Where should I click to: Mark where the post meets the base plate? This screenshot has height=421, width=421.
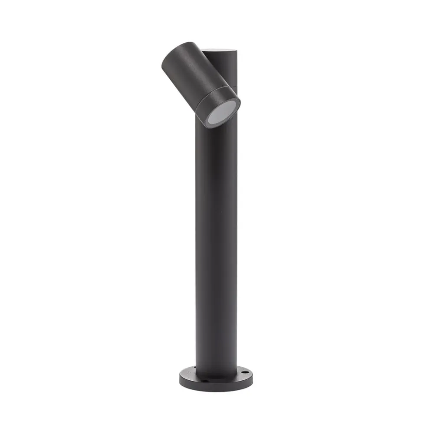(216, 376)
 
